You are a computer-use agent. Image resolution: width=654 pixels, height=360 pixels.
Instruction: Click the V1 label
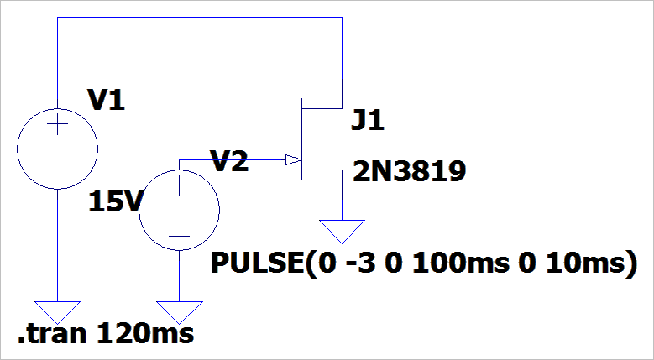click(x=106, y=102)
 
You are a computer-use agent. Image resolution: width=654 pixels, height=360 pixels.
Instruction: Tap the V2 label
click(x=228, y=162)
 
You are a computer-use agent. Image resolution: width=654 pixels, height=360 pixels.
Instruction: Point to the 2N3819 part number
click(x=409, y=173)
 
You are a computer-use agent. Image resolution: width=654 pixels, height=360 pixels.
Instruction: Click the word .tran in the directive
click(x=53, y=334)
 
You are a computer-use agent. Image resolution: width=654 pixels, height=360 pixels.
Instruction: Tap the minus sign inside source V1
click(x=58, y=174)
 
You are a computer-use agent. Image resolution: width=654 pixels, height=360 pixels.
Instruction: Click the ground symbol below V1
click(x=58, y=311)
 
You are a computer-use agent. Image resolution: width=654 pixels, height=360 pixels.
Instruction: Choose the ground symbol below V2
click(x=179, y=311)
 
